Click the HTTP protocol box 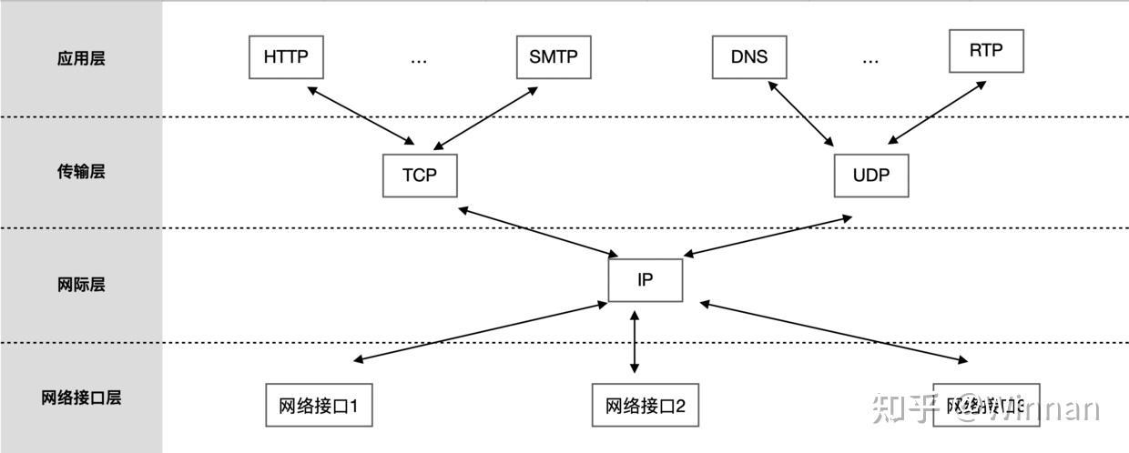click(x=286, y=56)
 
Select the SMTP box click(x=553, y=56)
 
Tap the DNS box click(x=748, y=56)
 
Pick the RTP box click(x=986, y=51)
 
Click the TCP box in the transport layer click(x=420, y=176)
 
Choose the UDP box click(x=871, y=176)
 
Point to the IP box click(x=645, y=280)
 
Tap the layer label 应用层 click(x=81, y=58)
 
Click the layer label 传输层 click(x=81, y=171)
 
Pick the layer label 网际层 click(x=81, y=285)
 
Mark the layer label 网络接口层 click(x=81, y=398)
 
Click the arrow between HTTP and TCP click(x=361, y=116)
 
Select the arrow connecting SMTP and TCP click(x=488, y=116)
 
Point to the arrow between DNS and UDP click(x=802, y=114)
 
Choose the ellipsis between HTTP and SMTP click(x=419, y=60)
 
